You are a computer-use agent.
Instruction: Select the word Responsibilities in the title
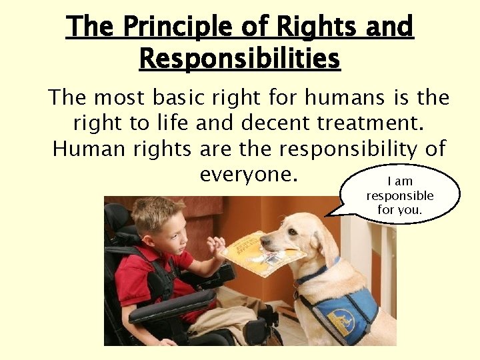click(x=239, y=59)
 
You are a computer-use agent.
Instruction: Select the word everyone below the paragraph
click(x=247, y=174)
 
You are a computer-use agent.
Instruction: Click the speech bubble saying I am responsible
click(x=400, y=195)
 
